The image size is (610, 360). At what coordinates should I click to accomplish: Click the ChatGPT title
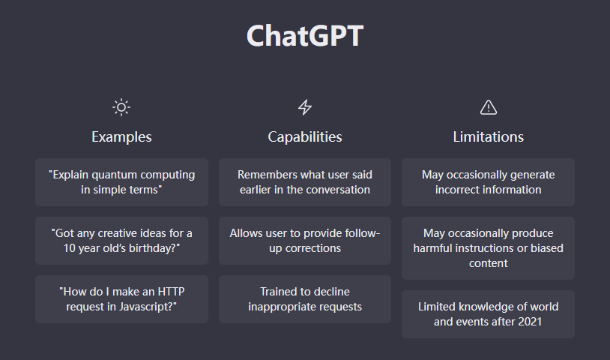click(305, 36)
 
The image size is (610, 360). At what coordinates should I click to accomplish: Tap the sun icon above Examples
click(121, 107)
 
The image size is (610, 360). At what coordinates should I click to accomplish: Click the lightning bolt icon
click(305, 107)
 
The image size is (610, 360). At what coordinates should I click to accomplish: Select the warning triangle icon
click(489, 107)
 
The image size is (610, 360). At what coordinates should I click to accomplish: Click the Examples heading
click(121, 137)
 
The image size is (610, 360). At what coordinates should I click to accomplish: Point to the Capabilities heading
click(305, 137)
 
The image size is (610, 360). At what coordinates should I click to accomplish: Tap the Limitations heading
click(489, 137)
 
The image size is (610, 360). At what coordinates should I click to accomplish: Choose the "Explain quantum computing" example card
click(121, 182)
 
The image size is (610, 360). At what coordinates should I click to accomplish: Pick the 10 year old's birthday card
click(121, 241)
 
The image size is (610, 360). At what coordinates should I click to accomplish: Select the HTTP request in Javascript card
click(121, 299)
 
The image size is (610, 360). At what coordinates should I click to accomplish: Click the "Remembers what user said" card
click(305, 182)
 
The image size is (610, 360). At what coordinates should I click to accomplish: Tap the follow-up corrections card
click(305, 241)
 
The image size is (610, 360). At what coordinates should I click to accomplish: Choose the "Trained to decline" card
click(305, 299)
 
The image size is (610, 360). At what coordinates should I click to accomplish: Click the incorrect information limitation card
click(489, 182)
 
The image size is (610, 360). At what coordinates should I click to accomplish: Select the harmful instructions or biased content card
click(489, 248)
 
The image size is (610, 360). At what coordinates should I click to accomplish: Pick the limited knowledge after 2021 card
click(489, 314)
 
